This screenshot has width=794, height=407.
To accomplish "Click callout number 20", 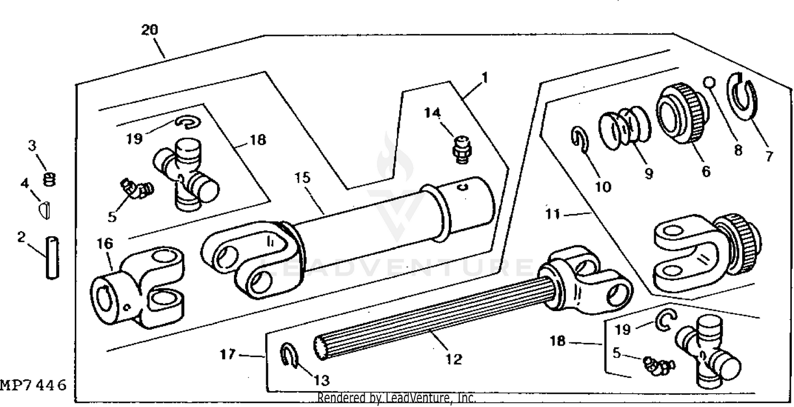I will pyautogui.click(x=149, y=31).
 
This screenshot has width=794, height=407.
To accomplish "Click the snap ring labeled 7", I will pyautogui.click(x=744, y=96).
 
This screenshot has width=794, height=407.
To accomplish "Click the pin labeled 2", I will pyautogui.click(x=52, y=259).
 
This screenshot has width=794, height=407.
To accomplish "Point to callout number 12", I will pyautogui.click(x=454, y=359).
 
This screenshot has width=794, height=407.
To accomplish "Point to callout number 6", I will pyautogui.click(x=706, y=171).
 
